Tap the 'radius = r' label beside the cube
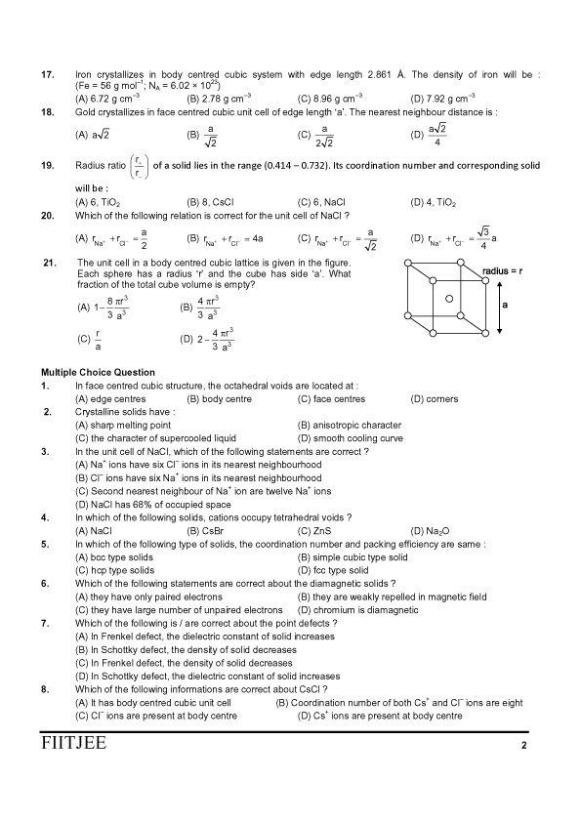tap(509, 270)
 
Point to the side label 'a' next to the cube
tap(507, 306)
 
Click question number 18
tap(46, 112)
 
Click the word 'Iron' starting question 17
tap(85, 74)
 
